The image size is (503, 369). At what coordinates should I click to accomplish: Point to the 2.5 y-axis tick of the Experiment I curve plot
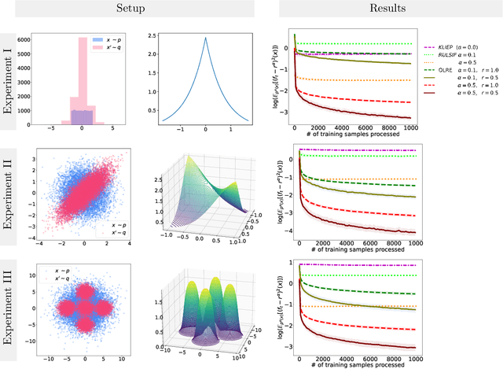[x=151, y=35]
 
